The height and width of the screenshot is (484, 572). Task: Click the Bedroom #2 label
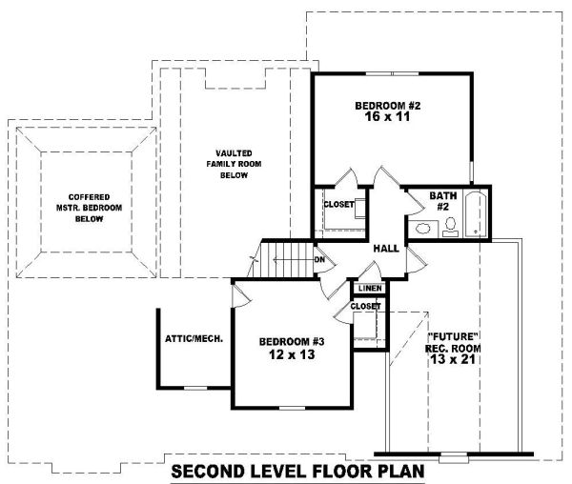(388, 106)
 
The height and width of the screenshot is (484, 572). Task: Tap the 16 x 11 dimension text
(387, 116)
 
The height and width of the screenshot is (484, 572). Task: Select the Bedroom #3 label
(292, 342)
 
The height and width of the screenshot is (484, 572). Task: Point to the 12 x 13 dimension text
(292, 354)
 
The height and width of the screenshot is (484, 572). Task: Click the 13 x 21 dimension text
(453, 359)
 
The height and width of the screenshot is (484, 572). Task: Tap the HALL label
(386, 249)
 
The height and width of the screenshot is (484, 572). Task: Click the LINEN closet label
(370, 289)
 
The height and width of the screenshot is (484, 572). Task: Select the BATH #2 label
(443, 201)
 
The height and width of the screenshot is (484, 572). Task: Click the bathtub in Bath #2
(476, 214)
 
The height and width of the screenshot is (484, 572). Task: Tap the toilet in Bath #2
(451, 227)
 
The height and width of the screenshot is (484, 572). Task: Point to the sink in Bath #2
(422, 230)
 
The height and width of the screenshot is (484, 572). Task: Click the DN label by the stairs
(319, 260)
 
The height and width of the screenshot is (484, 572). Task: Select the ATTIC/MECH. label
(194, 338)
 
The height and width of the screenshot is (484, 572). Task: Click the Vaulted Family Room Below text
(234, 164)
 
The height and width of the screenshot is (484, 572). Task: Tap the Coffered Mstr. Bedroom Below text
(89, 208)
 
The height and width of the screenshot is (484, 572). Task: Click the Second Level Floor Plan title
(297, 471)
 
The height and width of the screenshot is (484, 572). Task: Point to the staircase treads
(287, 260)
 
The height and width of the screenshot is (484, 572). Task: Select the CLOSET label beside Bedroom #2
(338, 204)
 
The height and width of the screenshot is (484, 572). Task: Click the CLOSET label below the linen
(365, 306)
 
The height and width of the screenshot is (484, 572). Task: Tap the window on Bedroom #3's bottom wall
(293, 408)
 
